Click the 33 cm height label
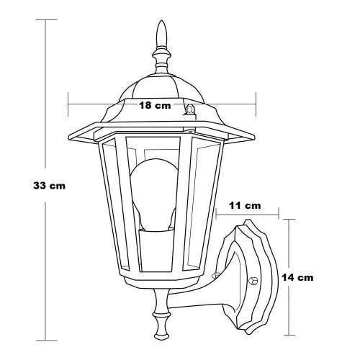coord(50,185)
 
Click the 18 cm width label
coord(154,105)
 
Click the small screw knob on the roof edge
coord(191,109)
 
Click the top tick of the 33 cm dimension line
coord(47,19)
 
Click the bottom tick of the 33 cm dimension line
coord(47,339)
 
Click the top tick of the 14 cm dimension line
coord(289,219)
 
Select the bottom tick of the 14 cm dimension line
coord(289,335)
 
